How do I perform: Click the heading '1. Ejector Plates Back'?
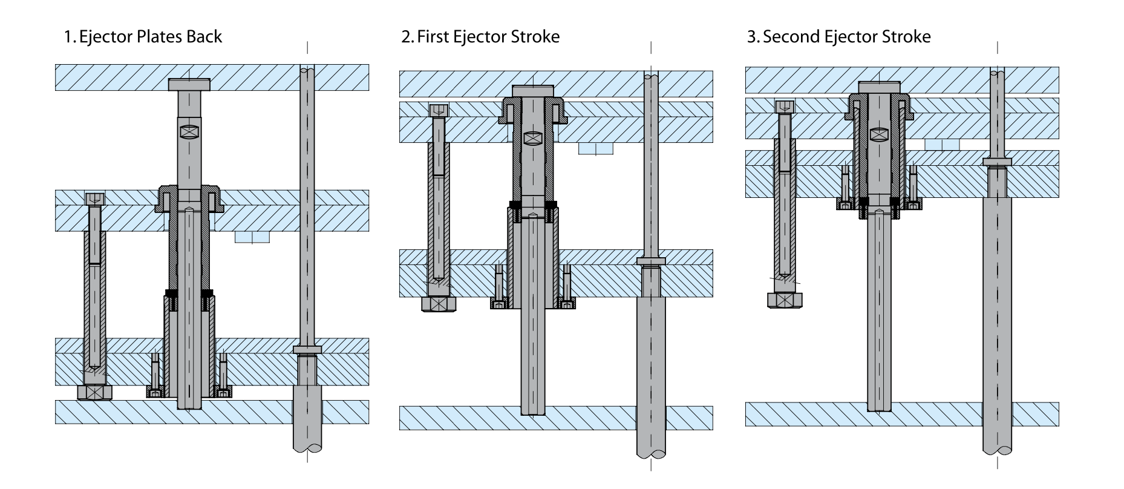(143, 37)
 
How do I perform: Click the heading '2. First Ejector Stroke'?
(480, 37)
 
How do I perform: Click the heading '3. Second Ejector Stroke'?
(838, 37)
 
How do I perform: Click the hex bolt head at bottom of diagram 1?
(95, 393)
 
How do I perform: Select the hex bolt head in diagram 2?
(439, 304)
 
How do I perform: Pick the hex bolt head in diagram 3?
(785, 300)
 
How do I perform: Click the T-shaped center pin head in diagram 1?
(189, 85)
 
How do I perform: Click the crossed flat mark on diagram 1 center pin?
(189, 132)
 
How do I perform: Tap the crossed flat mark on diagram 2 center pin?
(532, 138)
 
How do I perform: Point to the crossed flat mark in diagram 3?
(878, 134)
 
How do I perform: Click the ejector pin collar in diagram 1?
(307, 349)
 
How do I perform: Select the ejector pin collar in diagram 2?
(651, 261)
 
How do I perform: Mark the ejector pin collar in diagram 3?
(996, 162)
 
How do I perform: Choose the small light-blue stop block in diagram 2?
(596, 148)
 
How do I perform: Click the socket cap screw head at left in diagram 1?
(95, 199)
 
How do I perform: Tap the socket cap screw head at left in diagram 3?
(785, 107)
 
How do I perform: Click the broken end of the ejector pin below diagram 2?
(651, 451)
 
